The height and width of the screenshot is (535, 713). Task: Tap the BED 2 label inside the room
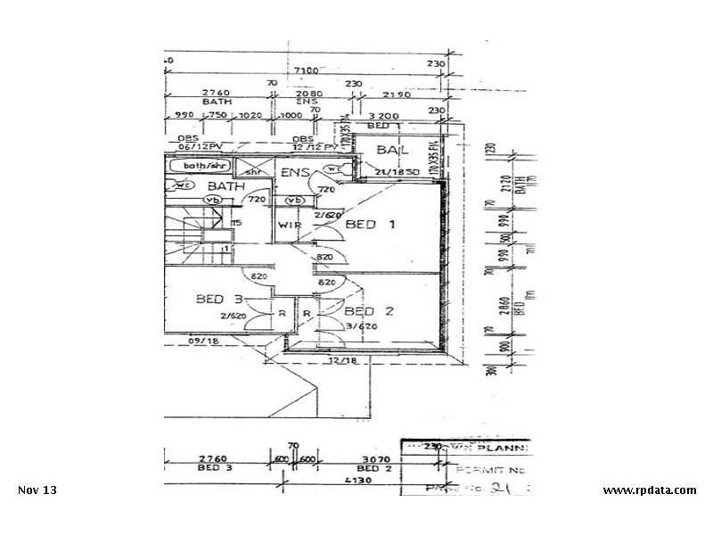pyautogui.click(x=369, y=311)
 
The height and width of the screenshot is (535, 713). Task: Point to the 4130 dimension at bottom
pyautogui.click(x=361, y=479)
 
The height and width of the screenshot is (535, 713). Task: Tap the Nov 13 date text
pyautogui.click(x=37, y=490)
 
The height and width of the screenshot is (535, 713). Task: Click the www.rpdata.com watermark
pyautogui.click(x=649, y=490)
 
